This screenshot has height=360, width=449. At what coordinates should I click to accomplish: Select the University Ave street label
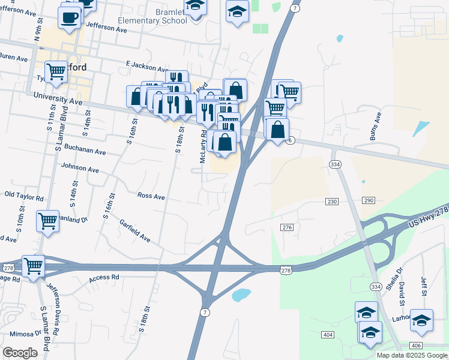click(x=58, y=98)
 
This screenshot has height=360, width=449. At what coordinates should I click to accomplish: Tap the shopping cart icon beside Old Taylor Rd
click(x=47, y=220)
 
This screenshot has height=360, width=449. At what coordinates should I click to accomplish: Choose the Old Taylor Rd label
click(x=24, y=196)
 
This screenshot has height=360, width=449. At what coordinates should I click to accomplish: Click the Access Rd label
click(x=104, y=278)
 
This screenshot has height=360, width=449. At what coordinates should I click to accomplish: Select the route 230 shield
click(x=333, y=201)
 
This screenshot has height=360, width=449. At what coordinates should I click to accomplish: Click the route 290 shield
click(x=369, y=200)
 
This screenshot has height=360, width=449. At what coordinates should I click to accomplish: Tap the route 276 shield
click(x=287, y=227)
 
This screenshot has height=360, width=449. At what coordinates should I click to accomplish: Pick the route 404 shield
click(x=327, y=334)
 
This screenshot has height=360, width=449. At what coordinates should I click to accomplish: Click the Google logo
click(x=20, y=353)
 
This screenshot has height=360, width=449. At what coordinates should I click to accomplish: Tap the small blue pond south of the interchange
click(x=241, y=295)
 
